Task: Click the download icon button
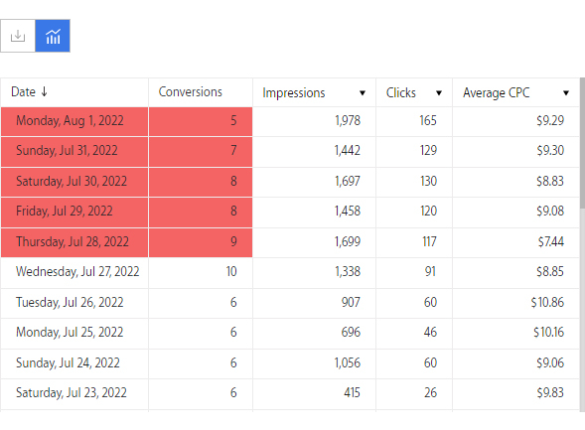pos(18,36)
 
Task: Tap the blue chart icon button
pos(53,36)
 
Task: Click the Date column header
pos(23,91)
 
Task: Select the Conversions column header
pos(191,91)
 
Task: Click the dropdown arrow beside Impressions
pos(363,93)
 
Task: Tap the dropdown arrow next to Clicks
pos(439,93)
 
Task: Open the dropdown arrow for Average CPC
pos(566,93)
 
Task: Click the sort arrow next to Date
pos(44,91)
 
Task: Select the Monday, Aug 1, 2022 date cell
pos(70,121)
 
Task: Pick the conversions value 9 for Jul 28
pos(233,241)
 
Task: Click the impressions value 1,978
pos(348,121)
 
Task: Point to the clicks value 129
pos(428,151)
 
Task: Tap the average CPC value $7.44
pos(550,241)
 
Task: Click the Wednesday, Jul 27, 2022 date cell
pos(77,271)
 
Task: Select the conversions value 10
pos(231,271)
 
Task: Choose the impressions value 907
pos(351,302)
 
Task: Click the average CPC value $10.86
pos(547,302)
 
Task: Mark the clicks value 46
pos(430,332)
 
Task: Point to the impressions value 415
pos(352,392)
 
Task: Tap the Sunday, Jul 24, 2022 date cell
pos(68,362)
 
